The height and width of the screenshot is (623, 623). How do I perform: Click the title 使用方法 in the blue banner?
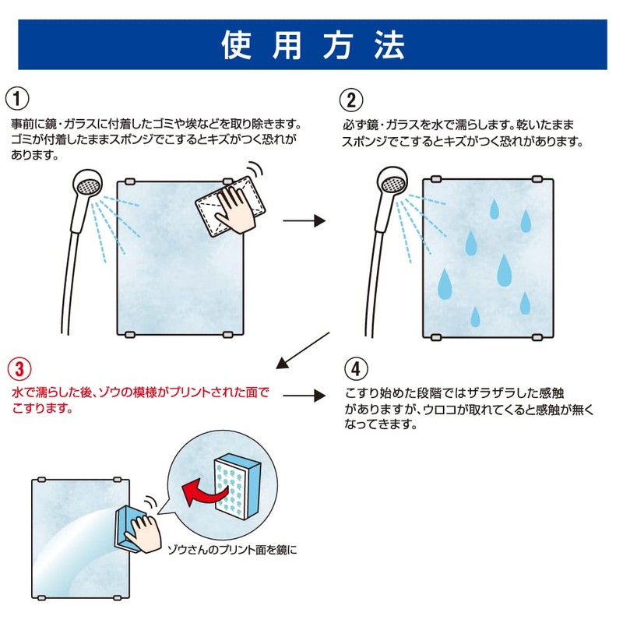pos(311,46)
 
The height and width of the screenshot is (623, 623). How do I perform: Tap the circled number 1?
pos(18,99)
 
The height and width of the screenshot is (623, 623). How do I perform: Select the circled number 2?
pos(351,99)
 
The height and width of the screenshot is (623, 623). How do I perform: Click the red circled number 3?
pos(18,367)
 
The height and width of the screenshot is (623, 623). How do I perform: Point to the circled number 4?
pos(351,367)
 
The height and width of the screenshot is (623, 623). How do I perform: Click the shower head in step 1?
pos(87,188)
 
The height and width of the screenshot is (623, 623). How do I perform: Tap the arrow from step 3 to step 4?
pos(303,395)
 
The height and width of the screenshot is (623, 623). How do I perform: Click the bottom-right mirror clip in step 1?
pos(228,334)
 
